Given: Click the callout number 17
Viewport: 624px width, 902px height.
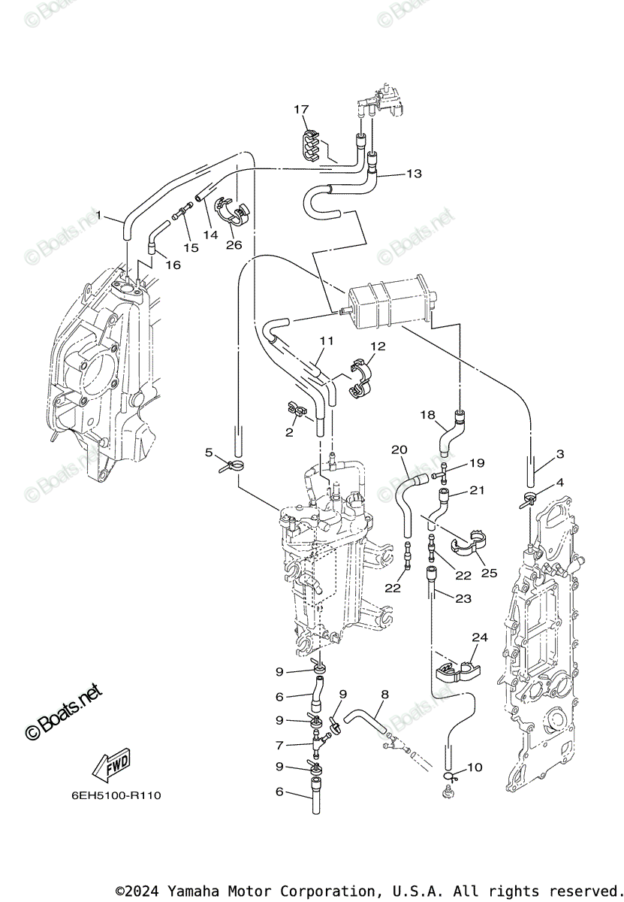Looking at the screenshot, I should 301,110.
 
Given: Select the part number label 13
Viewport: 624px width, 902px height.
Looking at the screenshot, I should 414,174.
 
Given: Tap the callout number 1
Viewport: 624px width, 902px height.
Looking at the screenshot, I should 98,216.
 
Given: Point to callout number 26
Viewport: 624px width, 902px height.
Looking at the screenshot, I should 234,244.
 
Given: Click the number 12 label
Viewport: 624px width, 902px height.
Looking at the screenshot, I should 377,347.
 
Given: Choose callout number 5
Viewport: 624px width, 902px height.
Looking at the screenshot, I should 210,452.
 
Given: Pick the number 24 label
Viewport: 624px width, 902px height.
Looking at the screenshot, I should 479,637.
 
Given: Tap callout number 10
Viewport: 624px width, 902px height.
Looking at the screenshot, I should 474,767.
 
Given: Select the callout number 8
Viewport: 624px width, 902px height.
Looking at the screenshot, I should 384,695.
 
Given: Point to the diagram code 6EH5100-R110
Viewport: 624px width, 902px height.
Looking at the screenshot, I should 117,795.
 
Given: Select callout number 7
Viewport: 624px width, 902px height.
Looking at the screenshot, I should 279,746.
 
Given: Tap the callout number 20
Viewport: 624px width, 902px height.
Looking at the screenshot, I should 399,449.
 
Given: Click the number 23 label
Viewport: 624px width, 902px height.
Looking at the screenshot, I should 463,598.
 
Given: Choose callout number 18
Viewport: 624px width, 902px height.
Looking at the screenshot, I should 427,415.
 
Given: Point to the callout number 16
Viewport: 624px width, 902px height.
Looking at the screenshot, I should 173,265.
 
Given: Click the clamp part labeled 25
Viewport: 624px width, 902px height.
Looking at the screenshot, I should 466,546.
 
